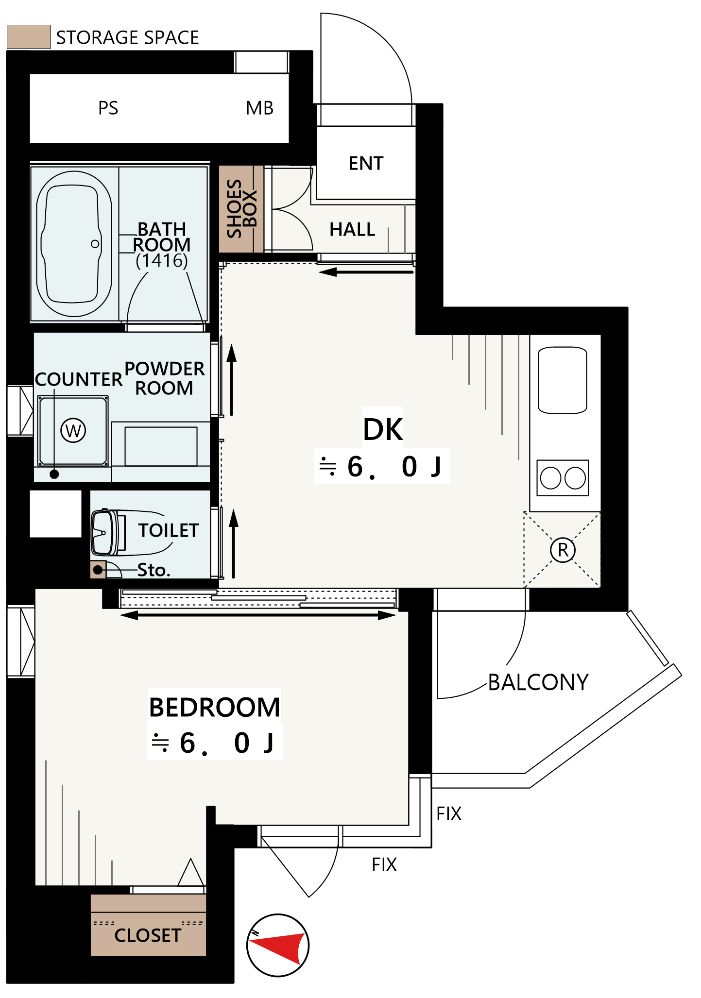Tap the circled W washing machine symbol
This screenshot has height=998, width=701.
pos(73,430)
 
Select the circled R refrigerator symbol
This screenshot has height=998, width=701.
pos(563,550)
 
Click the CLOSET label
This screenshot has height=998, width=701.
pos(148,935)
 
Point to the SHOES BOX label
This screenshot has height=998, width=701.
pos(241,209)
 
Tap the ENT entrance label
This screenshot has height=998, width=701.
pos(366,163)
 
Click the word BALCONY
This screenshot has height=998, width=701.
pos(538,682)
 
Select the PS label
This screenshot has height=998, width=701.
pos(108,108)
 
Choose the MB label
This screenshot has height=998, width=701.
pos(260,108)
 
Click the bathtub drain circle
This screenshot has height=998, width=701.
pos(95,244)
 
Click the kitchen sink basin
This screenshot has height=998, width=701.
pos(563,380)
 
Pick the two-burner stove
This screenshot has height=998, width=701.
pos(563,478)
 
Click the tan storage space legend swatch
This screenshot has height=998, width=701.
pos(29,36)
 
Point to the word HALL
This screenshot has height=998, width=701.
pos(352,229)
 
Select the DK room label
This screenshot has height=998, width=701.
pos(383,429)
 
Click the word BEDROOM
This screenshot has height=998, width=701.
pos(214,707)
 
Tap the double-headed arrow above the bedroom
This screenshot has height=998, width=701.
pos(258,615)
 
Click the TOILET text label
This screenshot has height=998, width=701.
pos(169,530)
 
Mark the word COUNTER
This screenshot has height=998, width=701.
pos(79,379)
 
